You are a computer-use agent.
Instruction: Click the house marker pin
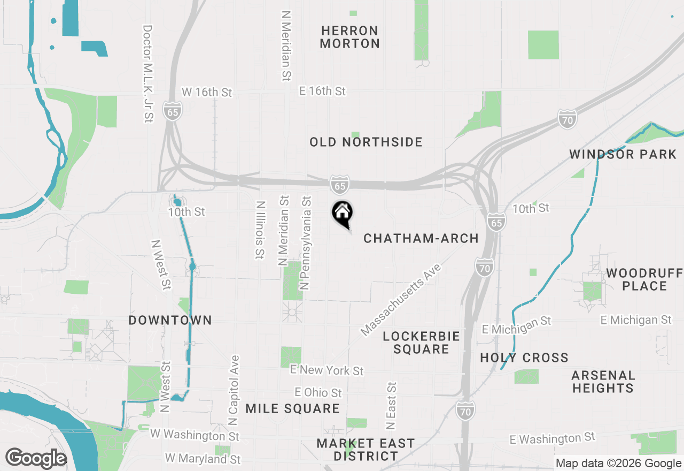tap(343, 213)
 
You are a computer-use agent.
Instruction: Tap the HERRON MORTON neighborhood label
tap(350, 37)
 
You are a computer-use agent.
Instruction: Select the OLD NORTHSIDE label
tap(366, 142)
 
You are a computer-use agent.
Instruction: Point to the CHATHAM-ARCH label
tap(421, 238)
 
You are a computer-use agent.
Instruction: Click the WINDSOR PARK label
tap(623, 155)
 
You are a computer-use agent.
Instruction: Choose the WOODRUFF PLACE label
tap(644, 279)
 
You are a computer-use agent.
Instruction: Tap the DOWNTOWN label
tap(170, 320)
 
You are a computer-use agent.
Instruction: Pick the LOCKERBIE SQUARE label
tap(422, 343)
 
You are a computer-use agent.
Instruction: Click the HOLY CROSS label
tap(524, 358)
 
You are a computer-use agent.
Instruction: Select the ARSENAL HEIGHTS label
tap(603, 382)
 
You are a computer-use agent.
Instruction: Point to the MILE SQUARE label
tap(292, 409)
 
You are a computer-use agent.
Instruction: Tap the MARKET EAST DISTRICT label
tap(366, 450)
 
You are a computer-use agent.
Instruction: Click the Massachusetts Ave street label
tap(402, 300)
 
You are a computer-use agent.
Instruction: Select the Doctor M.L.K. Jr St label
tap(148, 74)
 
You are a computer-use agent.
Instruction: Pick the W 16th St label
tap(207, 92)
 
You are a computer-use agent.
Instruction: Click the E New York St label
tap(327, 370)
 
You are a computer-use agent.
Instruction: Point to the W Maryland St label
tap(203, 459)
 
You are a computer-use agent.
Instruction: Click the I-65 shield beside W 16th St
tap(173, 111)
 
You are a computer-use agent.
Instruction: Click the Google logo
tap(36, 459)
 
